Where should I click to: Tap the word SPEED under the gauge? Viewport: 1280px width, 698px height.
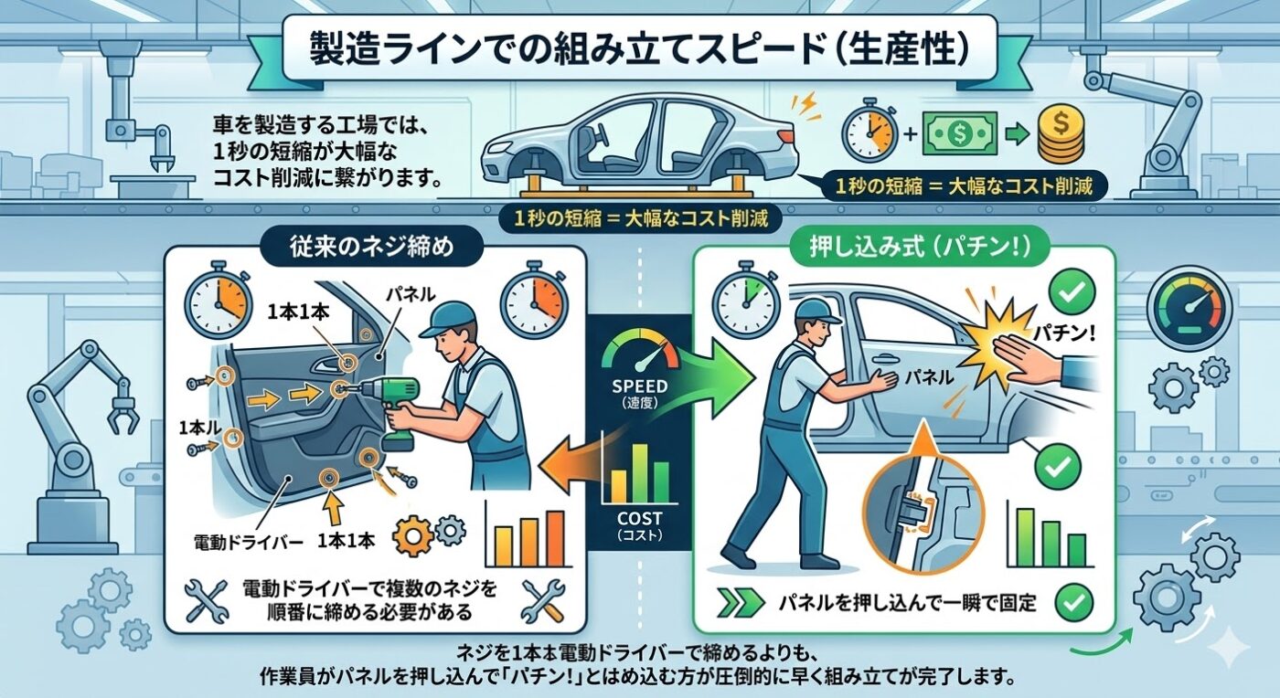tap(639, 386)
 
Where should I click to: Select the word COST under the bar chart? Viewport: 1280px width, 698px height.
tap(639, 519)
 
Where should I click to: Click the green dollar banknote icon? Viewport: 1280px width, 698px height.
tap(960, 133)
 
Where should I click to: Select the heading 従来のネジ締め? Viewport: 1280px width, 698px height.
tap(371, 247)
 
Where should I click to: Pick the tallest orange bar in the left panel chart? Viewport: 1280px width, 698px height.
tap(555, 538)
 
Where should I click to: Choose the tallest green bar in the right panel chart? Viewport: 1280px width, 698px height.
tap(1026, 537)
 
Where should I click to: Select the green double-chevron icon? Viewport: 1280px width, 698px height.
tap(741, 602)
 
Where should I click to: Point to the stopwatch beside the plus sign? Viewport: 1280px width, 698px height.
tap(869, 131)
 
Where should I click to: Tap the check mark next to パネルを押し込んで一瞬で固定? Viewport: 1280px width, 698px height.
tap(1074, 602)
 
